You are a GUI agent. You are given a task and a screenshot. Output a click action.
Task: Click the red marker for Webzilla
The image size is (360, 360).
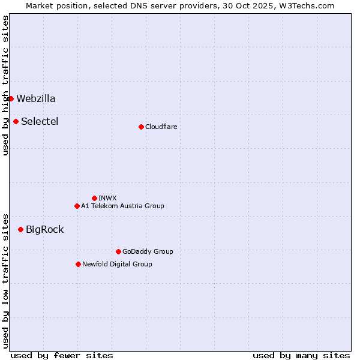(11, 98)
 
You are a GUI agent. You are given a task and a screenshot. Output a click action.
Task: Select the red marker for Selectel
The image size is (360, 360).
(16, 121)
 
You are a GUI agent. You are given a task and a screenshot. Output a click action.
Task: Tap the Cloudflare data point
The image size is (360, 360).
(141, 127)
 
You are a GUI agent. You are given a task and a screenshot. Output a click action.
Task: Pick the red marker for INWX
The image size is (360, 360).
(94, 198)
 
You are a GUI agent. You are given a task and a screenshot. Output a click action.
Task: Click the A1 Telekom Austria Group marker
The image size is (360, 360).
(77, 206)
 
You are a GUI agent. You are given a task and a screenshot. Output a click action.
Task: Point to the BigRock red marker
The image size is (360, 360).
(20, 229)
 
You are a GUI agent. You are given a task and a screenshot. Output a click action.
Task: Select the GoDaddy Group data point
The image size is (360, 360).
(118, 251)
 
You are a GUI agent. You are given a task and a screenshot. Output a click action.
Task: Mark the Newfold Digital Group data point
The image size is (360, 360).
(78, 264)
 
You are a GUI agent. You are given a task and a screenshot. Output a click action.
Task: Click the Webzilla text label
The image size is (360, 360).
(36, 98)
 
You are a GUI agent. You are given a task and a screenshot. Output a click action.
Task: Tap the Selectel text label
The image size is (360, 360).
(40, 121)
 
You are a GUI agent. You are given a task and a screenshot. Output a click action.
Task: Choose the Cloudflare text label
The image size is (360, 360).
(161, 127)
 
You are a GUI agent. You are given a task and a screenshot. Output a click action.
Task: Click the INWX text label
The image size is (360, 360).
(107, 198)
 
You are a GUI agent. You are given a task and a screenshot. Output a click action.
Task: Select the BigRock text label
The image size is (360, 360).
(44, 229)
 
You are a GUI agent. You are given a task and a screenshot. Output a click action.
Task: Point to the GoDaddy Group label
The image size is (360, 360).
(148, 251)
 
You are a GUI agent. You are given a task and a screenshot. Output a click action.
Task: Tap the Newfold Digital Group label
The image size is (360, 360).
(117, 264)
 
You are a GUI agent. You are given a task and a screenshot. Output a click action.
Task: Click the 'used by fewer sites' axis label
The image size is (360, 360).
(62, 355)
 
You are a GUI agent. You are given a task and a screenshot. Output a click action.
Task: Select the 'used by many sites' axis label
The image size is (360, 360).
(301, 355)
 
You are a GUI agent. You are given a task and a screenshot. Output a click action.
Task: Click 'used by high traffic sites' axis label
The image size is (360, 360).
(5, 85)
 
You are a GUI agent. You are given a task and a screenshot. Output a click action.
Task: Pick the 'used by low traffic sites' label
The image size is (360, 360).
(5, 280)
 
